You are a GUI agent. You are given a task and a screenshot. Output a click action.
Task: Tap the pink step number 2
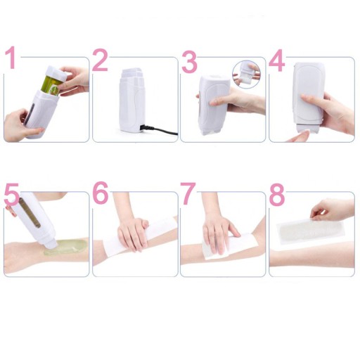(101, 60)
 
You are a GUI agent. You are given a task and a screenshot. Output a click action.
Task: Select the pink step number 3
(189, 61)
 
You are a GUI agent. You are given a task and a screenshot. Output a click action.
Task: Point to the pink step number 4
(277, 60)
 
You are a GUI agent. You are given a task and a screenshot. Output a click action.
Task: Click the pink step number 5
(11, 195)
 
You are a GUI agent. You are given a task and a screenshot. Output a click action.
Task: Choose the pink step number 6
(101, 193)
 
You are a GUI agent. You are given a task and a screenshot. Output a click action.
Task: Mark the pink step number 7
(188, 193)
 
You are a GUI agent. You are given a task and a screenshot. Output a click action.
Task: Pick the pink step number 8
(277, 194)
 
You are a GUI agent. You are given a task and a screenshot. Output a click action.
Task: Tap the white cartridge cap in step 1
(57, 73)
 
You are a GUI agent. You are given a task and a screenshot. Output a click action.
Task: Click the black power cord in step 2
(159, 130)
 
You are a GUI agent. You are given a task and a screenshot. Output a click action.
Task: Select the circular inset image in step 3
(247, 74)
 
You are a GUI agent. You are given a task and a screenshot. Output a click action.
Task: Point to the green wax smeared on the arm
(66, 247)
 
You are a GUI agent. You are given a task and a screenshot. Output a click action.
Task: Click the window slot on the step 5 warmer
(30, 212)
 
